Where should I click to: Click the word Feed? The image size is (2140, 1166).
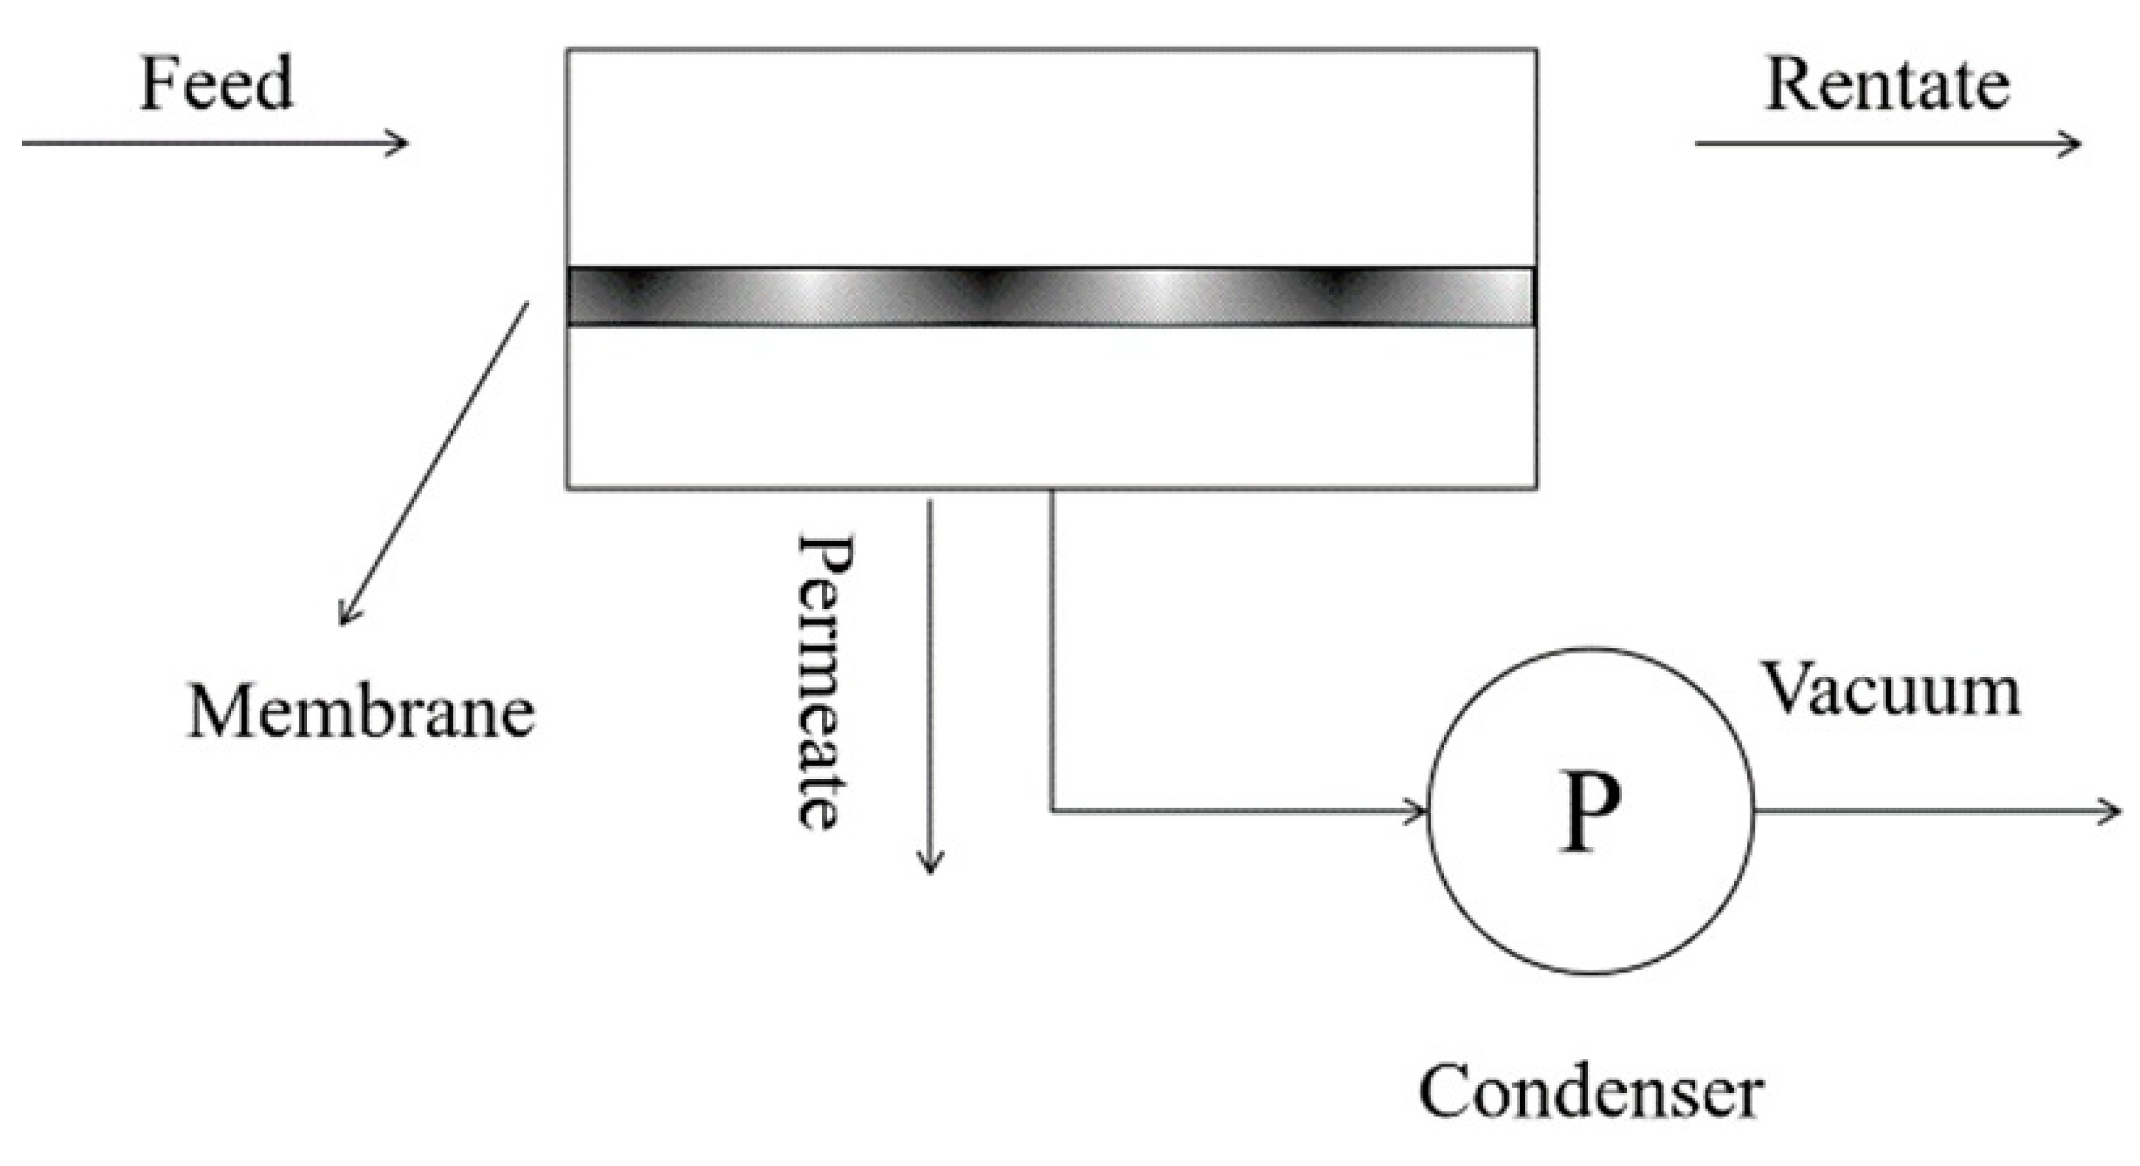(x=216, y=83)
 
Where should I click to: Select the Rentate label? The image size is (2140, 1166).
(x=1886, y=85)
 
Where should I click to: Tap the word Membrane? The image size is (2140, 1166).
(x=361, y=712)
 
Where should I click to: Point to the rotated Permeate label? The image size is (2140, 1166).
(x=824, y=681)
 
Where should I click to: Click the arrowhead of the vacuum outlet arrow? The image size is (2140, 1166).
(x=2114, y=810)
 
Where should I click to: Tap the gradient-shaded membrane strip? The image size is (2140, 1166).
(x=1051, y=296)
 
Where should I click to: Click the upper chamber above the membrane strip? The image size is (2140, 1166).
(x=1051, y=158)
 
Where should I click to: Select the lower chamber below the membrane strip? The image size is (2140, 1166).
(x=1051, y=407)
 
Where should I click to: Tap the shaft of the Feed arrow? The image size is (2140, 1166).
(x=207, y=143)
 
